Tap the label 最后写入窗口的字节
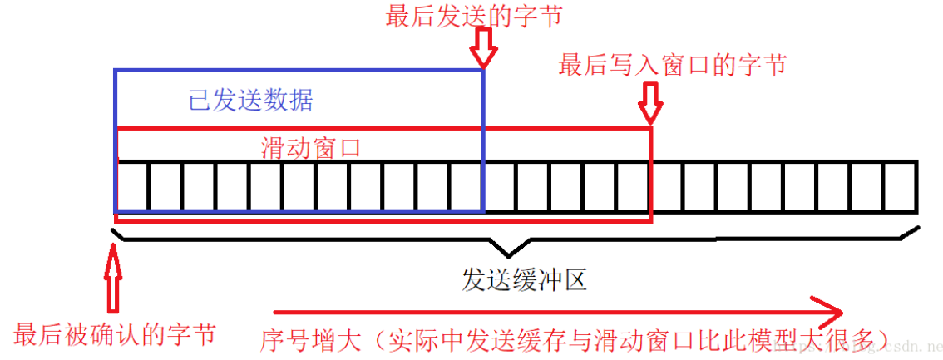672,65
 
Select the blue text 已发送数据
251,101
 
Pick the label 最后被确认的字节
115,334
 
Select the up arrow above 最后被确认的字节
115,274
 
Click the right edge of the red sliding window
650,175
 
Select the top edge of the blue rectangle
299,71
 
